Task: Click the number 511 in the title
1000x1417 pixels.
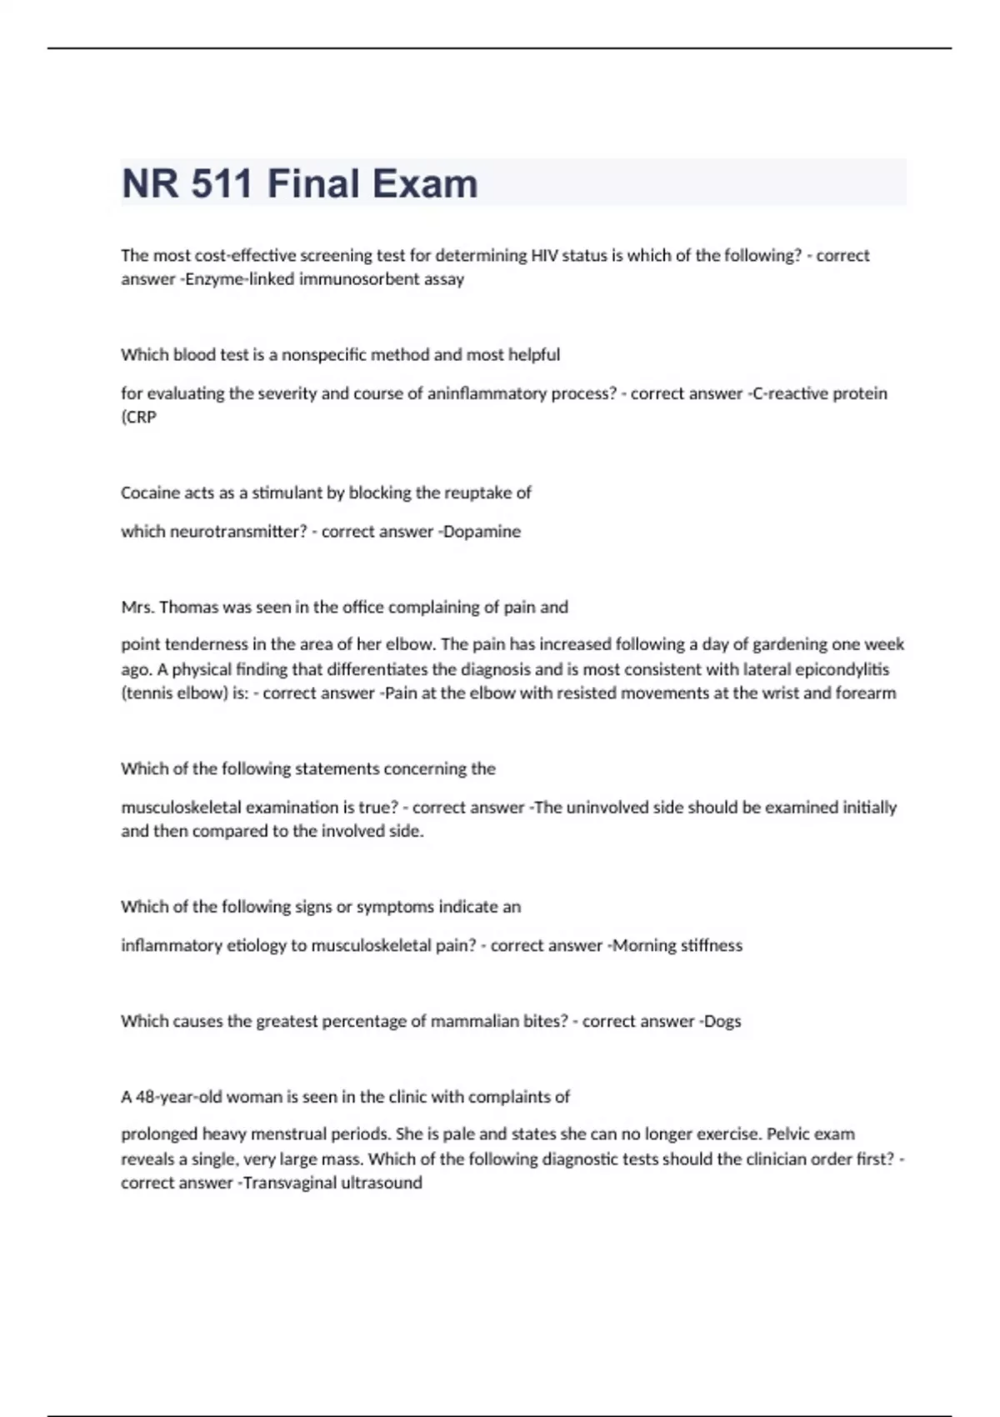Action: [221, 184]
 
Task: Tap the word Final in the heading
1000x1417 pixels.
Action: [313, 184]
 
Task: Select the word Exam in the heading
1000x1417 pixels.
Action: [425, 184]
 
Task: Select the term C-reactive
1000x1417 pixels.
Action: [793, 393]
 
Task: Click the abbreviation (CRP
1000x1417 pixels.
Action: [138, 418]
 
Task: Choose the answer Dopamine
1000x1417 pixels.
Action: [482, 532]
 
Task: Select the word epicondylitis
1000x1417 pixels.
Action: [842, 669]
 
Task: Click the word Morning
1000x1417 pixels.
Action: [644, 946]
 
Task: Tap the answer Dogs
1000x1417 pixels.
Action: [722, 1022]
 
